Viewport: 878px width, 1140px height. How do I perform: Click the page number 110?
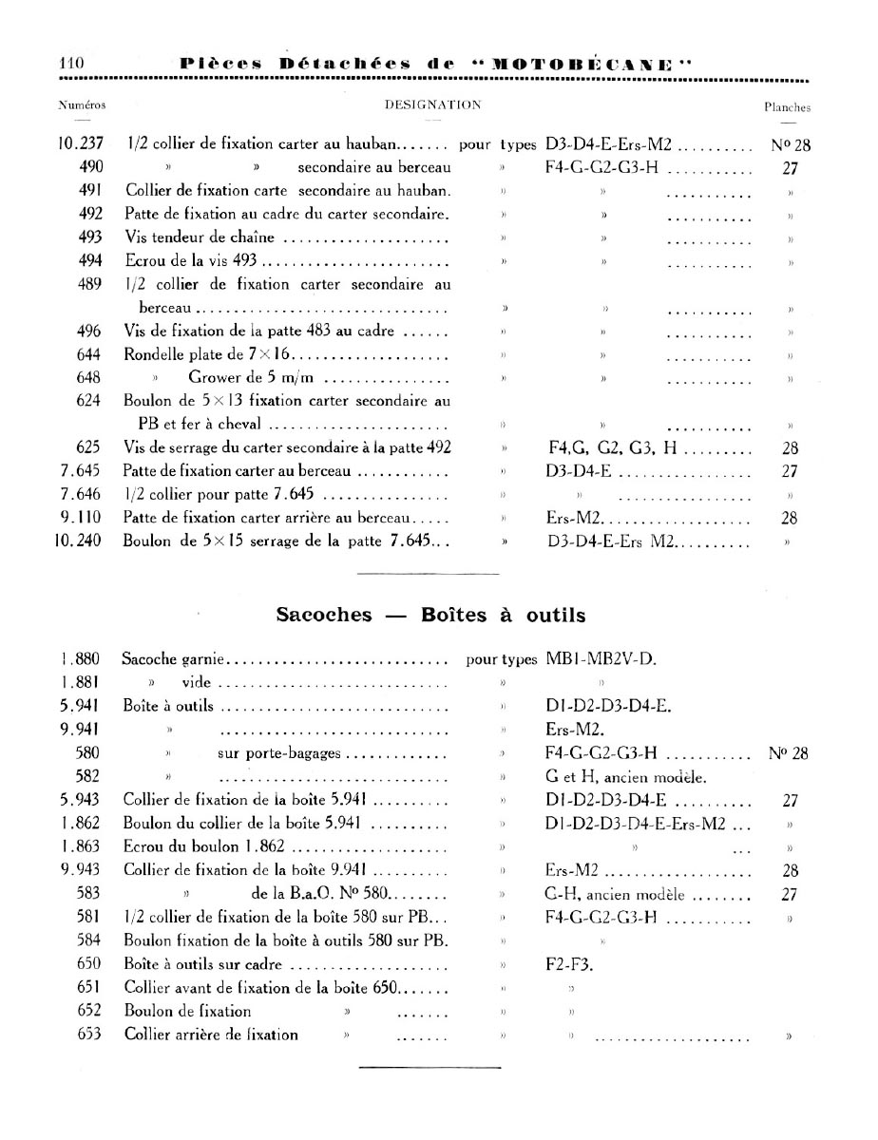72,63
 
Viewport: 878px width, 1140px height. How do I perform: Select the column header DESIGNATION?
432,104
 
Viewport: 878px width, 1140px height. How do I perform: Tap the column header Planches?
787,107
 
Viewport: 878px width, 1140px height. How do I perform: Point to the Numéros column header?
82,104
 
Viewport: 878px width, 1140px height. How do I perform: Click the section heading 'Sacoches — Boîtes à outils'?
430,615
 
